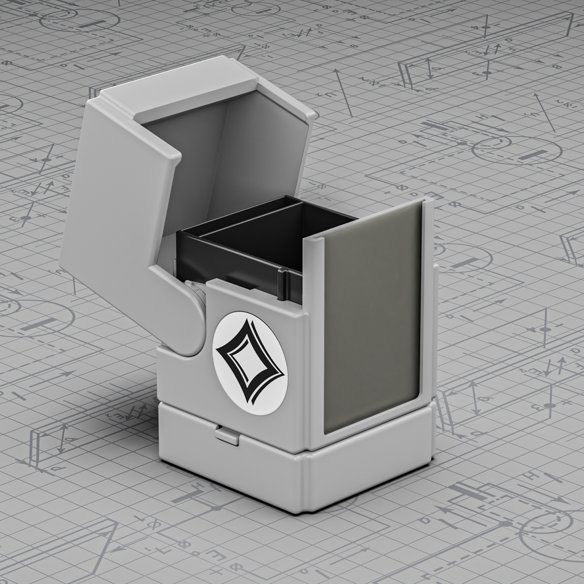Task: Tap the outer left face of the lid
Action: click(117, 194)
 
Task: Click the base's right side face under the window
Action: click(372, 465)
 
